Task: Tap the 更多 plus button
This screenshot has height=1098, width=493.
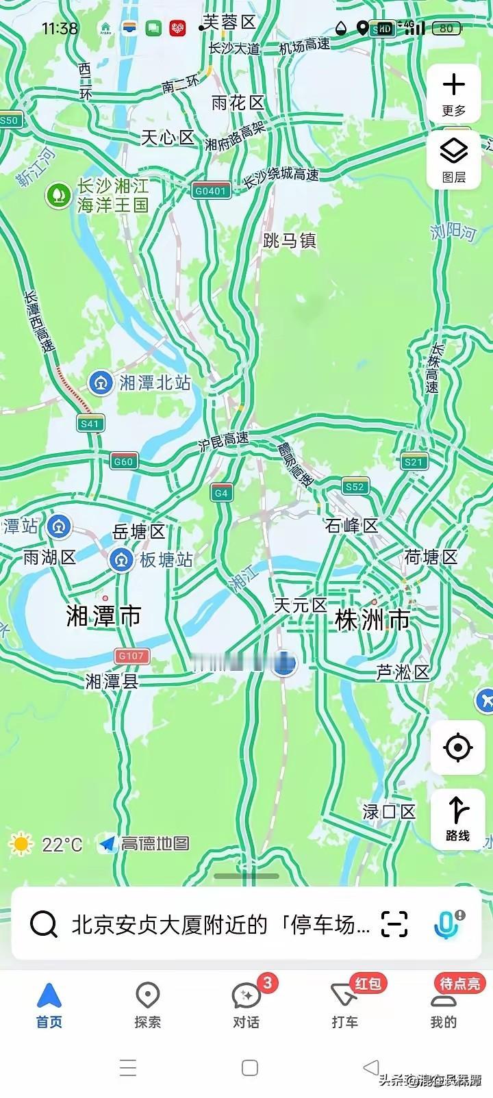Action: coord(453,93)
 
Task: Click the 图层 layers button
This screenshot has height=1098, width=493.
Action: coord(453,159)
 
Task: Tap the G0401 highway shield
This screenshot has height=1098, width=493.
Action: coord(210,191)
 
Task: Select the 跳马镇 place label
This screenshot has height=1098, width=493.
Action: coord(290,241)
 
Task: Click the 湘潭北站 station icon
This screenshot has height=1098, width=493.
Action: coord(101,383)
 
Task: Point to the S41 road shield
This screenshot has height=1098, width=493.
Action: coord(90,424)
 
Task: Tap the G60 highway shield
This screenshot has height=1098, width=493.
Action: coord(123,461)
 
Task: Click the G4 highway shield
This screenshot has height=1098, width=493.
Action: coord(220,493)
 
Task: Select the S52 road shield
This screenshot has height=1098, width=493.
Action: coord(355,487)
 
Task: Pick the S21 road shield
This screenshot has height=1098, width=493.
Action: coord(414,462)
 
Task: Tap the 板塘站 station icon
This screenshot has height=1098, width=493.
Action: coord(122,560)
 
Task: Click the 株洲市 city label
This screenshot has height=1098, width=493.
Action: coord(372,620)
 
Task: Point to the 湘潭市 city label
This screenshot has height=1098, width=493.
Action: coord(103,616)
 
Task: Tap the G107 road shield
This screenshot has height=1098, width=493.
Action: coord(131,656)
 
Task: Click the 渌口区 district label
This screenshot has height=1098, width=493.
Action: coord(389,812)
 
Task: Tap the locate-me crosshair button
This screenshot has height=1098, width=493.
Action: coord(457,748)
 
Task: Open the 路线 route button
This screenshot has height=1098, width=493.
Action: coord(457,819)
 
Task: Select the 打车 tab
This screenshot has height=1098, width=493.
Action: coord(345,1004)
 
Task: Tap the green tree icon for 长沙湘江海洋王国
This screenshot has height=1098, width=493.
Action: coord(59,196)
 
